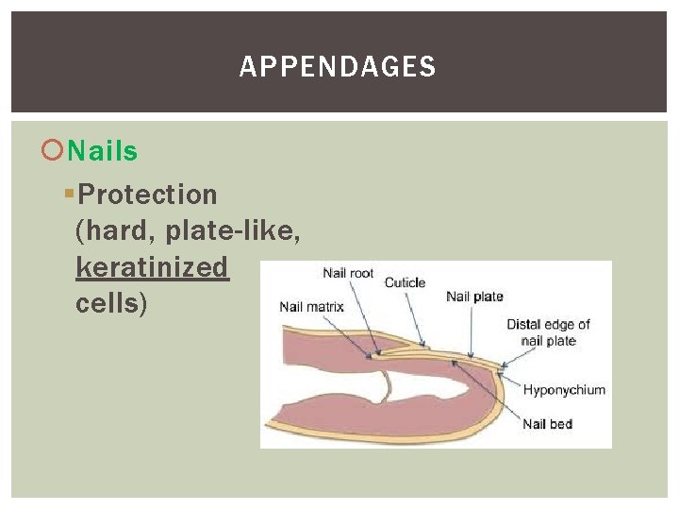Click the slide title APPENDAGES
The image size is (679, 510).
tap(338, 67)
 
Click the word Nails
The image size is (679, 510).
tap(103, 151)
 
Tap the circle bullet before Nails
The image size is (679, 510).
tap(56, 151)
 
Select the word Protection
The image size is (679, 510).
tap(148, 195)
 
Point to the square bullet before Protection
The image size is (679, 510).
tap(68, 195)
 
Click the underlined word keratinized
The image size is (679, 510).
tap(152, 267)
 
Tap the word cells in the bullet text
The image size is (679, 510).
tap(107, 304)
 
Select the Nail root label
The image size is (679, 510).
tap(348, 274)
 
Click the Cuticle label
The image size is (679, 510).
tap(405, 282)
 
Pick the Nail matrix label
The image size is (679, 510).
tap(311, 306)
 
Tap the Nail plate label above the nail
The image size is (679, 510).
tap(474, 297)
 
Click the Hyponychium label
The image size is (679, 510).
tap(564, 389)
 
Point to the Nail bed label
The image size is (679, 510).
tap(547, 424)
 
